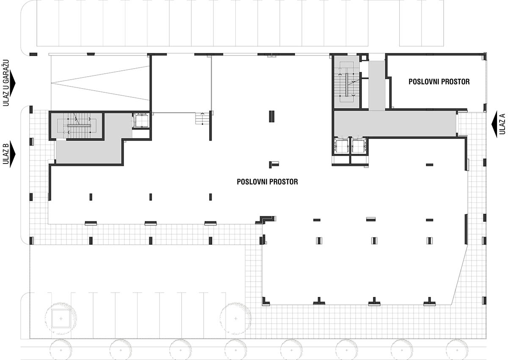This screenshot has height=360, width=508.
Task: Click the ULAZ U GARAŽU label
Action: (6, 83)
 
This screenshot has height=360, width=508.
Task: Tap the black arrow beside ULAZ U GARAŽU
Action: (13, 83)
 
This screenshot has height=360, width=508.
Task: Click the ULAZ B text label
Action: (6, 154)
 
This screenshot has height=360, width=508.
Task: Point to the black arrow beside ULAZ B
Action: (13, 154)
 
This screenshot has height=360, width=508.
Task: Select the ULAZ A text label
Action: (502, 124)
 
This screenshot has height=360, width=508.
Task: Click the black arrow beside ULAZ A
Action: (494, 124)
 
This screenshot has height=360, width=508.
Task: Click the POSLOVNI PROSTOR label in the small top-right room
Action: (439, 82)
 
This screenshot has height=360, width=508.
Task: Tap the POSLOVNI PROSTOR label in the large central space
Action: (268, 182)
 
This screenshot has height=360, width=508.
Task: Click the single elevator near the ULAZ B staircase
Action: (141, 121)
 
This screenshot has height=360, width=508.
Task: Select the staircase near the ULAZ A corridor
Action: (347, 82)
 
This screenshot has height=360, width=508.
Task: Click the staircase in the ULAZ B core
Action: (77, 125)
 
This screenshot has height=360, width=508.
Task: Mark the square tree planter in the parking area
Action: (61, 318)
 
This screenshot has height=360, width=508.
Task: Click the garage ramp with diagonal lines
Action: (100, 83)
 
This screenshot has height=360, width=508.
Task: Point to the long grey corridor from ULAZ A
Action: (395, 124)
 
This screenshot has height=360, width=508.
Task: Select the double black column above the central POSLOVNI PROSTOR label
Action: (272, 116)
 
